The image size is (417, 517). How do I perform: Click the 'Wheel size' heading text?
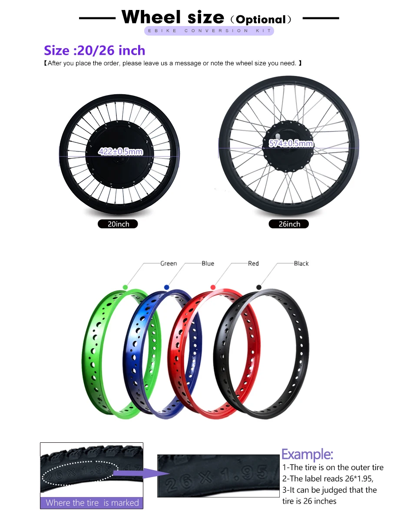(172, 17)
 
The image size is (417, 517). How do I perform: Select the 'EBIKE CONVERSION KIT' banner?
(209, 31)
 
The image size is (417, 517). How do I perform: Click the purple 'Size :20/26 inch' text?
(94, 50)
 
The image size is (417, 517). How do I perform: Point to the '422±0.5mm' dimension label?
(120, 151)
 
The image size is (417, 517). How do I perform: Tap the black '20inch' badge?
(118, 224)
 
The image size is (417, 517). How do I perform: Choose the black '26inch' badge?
(289, 224)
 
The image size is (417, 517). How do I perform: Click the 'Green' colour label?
(169, 263)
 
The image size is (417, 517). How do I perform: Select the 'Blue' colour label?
(208, 263)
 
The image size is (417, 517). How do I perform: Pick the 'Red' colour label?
(253, 263)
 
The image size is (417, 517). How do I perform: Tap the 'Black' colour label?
(301, 263)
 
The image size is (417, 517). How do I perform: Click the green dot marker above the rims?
(125, 287)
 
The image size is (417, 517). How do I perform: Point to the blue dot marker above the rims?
(166, 287)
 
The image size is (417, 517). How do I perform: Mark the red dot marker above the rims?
(213, 287)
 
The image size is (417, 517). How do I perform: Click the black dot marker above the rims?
(259, 287)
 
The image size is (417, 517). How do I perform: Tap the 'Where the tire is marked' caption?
(92, 503)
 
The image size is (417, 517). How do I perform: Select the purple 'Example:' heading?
(307, 454)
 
